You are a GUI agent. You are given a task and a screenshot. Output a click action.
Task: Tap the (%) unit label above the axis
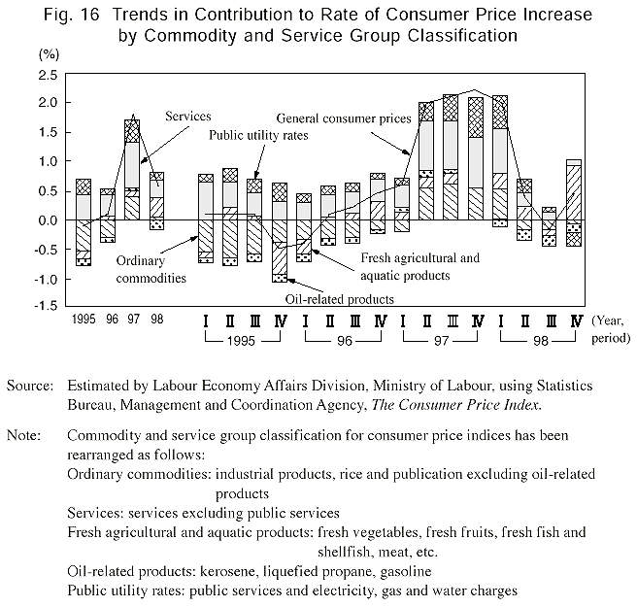[50, 54]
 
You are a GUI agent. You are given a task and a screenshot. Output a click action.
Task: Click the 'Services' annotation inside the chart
[188, 116]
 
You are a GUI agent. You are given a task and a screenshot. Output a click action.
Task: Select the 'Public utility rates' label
[259, 137]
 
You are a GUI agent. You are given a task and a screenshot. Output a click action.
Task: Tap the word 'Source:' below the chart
[29, 387]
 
